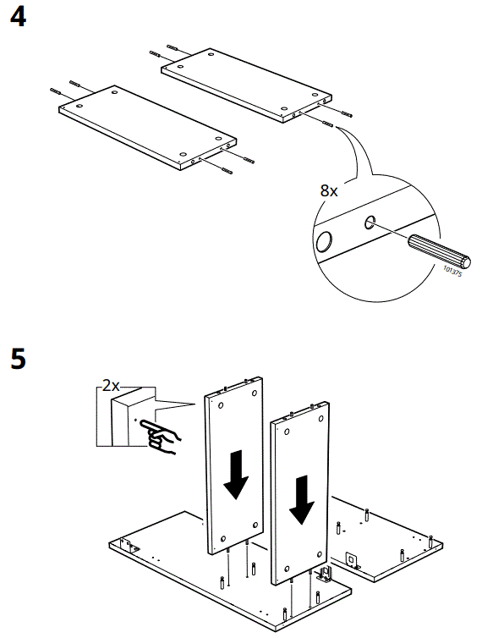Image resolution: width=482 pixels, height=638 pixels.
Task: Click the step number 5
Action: (x=18, y=358)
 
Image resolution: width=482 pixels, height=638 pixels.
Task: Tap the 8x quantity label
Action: (x=329, y=191)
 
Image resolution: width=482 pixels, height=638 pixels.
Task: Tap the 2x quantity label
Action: (x=111, y=386)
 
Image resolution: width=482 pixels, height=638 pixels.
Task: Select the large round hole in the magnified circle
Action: (x=324, y=244)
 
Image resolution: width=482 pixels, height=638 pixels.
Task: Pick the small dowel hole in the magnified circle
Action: (x=370, y=223)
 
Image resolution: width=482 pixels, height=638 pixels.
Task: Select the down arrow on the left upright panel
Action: (x=236, y=477)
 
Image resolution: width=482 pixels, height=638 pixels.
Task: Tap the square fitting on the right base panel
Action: (x=348, y=560)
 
